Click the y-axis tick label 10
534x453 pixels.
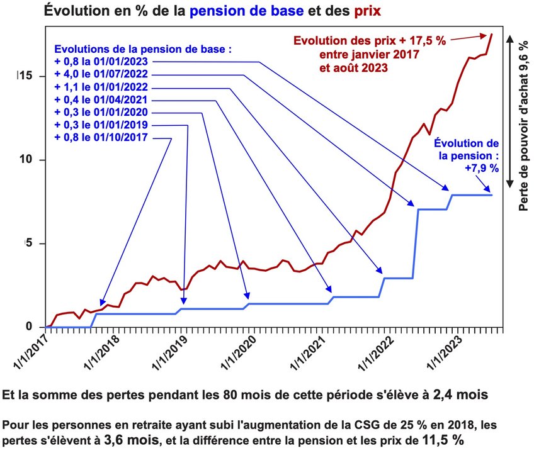pos(24,160)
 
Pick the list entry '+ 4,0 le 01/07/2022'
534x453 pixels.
pos(101,75)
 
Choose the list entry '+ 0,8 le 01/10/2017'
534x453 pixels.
pos(101,138)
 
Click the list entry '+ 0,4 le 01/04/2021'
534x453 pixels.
pos(101,100)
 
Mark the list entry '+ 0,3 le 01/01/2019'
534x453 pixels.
pos(101,125)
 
